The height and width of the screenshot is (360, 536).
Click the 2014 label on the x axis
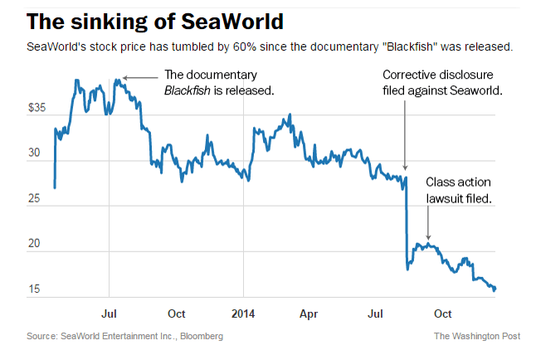coord(244,314)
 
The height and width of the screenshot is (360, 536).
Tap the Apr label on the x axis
coord(309,314)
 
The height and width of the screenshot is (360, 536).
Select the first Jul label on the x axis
coord(109,314)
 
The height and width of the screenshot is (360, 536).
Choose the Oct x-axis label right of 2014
coord(443,314)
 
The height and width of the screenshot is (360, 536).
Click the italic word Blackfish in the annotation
coord(190,89)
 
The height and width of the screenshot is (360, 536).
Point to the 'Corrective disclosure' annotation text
coord(441,74)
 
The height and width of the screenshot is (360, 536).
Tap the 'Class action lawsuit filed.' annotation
coord(459,190)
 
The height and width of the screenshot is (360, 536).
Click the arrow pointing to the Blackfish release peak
coord(141,78)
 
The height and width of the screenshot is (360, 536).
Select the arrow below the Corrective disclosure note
coord(405,133)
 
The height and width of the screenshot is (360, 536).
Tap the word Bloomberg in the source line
coord(199,336)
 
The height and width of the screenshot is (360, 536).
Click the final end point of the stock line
coord(495,289)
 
